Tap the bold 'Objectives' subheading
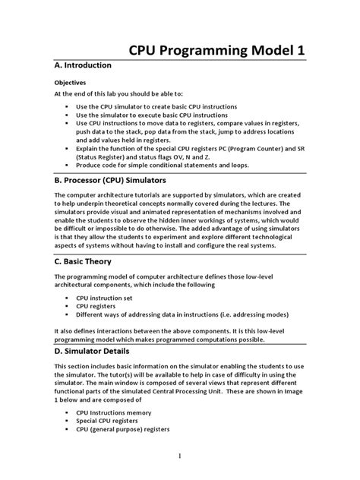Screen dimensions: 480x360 point(70,82)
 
